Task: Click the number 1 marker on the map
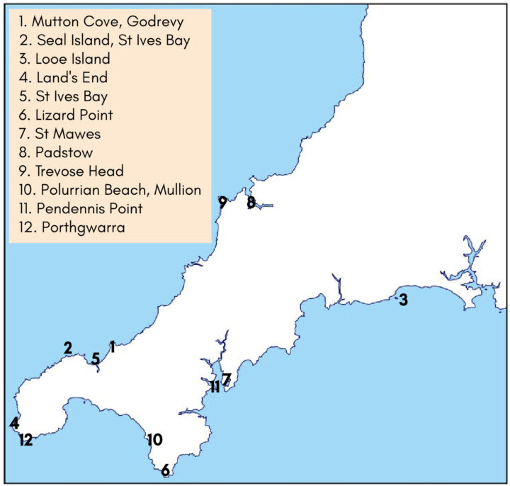coord(112,347)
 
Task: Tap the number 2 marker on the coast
coord(67,348)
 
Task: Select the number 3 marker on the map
coord(403,300)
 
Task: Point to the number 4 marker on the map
coord(14,423)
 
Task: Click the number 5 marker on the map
coord(95,358)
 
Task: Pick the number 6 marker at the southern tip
coord(165,469)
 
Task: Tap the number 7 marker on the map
coord(226,379)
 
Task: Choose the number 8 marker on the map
coord(251,203)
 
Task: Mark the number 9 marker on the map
coord(222,203)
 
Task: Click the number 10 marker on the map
coord(154,439)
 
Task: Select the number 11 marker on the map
coord(214,387)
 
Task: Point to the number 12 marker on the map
coord(25,439)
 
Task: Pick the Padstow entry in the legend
coord(60,152)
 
